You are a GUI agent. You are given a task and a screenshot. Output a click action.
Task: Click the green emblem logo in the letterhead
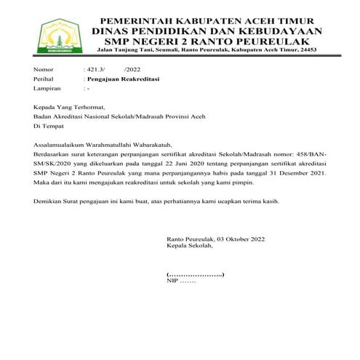(55, 33)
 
